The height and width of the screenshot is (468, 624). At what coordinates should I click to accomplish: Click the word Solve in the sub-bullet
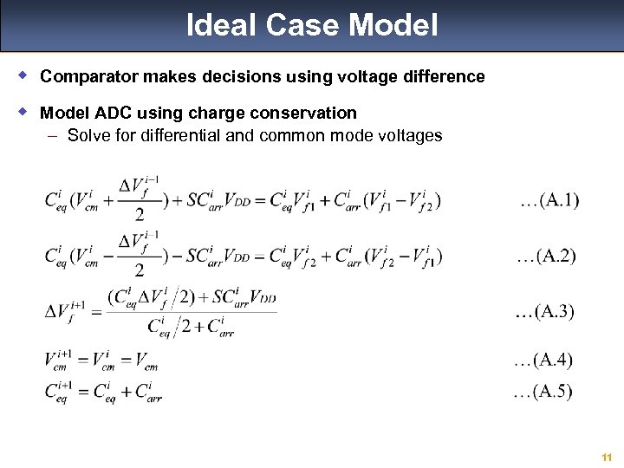pyautogui.click(x=88, y=135)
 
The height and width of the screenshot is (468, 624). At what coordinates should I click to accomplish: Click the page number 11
pyautogui.click(x=607, y=457)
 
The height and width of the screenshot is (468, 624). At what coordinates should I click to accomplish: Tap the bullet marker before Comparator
pyautogui.click(x=25, y=75)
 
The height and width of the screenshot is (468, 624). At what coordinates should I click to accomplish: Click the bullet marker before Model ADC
pyautogui.click(x=25, y=112)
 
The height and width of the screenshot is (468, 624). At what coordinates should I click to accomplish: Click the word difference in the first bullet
pyautogui.click(x=444, y=76)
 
